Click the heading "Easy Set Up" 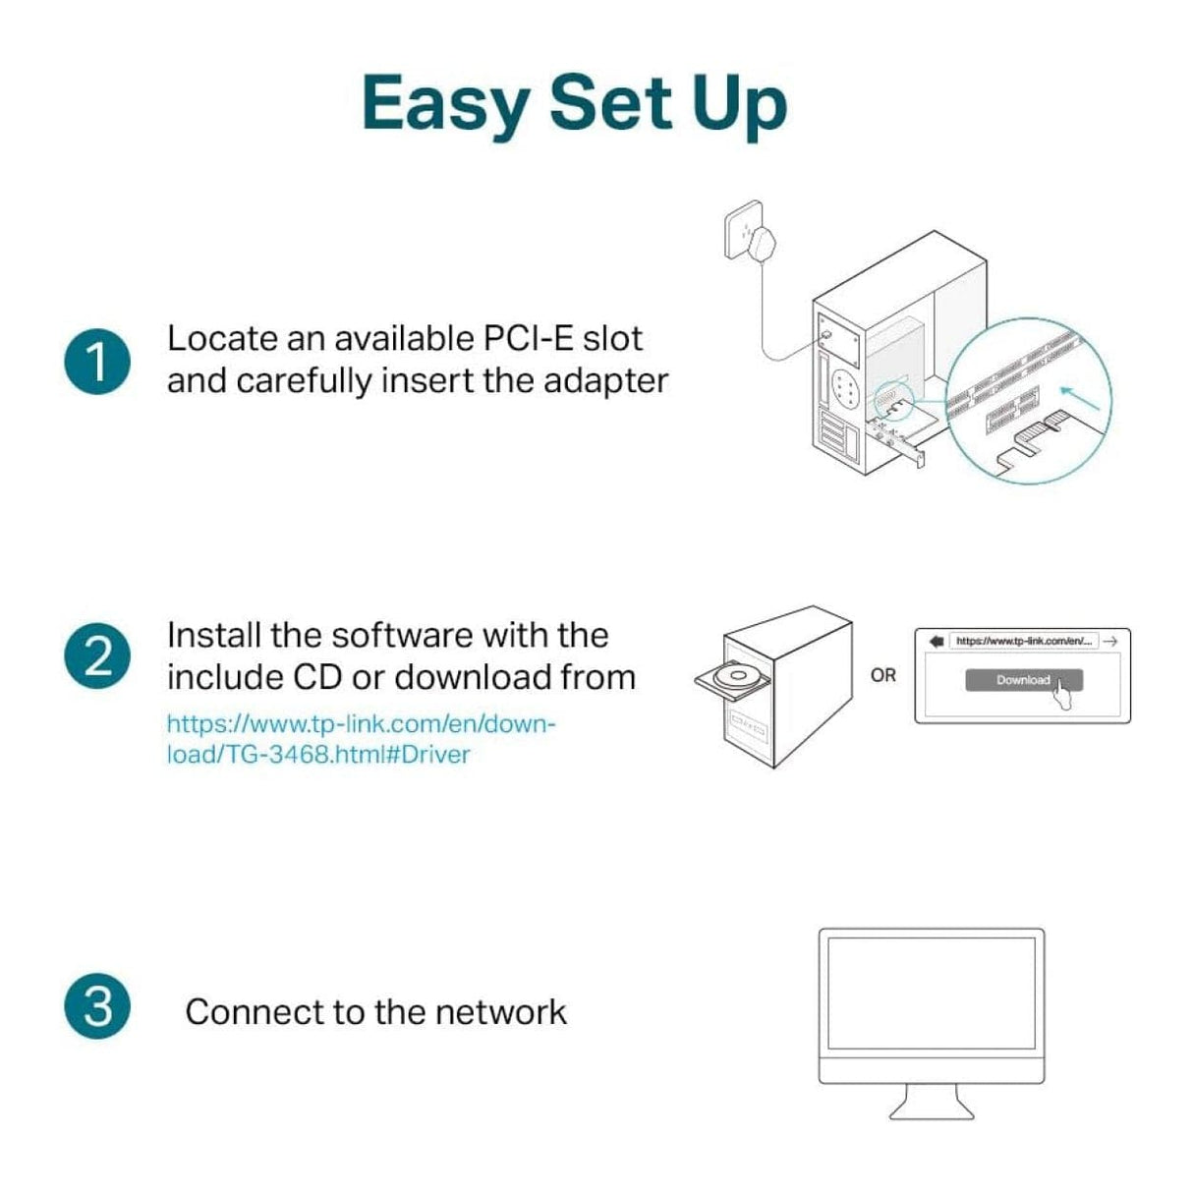574,103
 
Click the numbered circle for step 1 97,362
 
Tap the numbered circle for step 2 97,655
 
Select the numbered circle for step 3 97,1006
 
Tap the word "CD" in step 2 316,678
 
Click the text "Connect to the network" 375,1012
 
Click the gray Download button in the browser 1023,680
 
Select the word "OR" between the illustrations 882,675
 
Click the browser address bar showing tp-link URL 1023,641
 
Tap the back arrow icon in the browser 936,641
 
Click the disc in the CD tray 730,677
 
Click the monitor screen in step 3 931,993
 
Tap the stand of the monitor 931,1101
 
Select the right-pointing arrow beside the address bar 1110,641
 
